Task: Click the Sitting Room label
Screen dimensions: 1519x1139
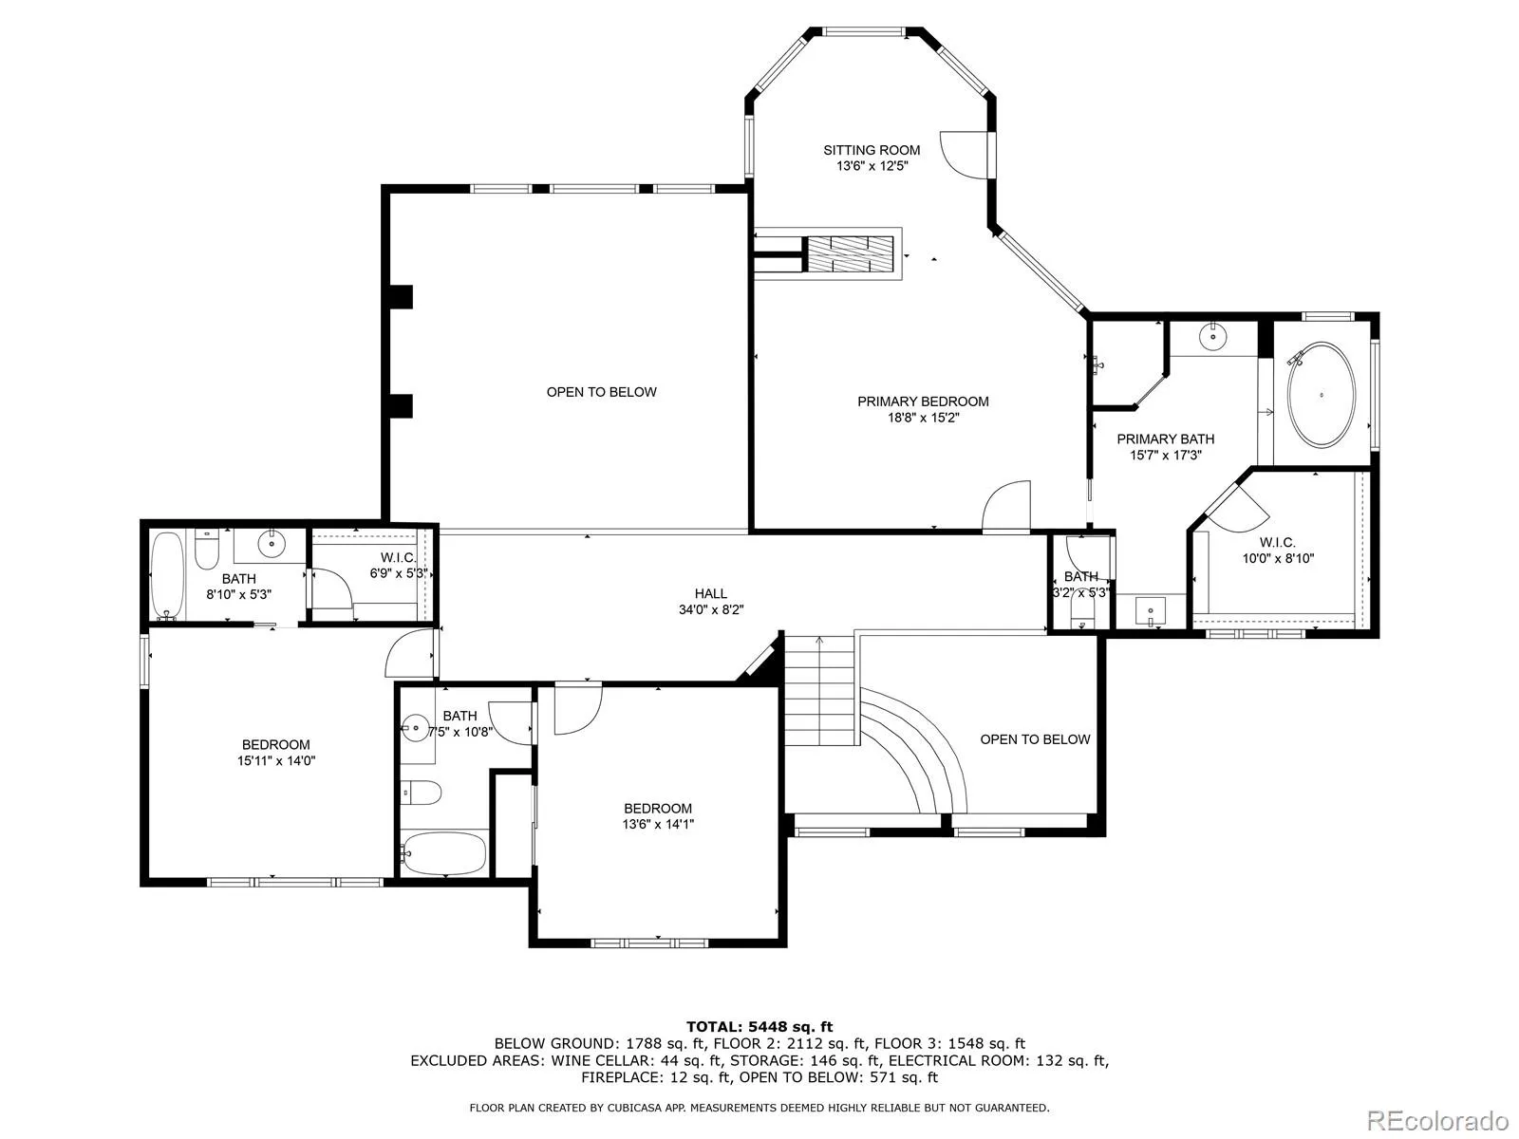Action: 872,150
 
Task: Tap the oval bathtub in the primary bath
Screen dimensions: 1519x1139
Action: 1322,394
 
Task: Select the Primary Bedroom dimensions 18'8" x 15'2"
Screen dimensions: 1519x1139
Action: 923,418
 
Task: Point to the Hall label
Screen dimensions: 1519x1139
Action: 711,593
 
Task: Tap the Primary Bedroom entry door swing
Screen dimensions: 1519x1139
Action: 1006,506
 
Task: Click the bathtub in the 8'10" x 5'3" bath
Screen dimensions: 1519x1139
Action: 167,575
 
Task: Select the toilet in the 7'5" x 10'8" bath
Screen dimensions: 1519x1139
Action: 422,793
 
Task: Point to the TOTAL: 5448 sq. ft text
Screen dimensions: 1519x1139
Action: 759,1027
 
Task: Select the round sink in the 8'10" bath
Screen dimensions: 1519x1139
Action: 272,544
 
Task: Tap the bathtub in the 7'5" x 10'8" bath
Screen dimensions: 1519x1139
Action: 443,852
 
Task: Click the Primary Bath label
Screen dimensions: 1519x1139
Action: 1166,439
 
